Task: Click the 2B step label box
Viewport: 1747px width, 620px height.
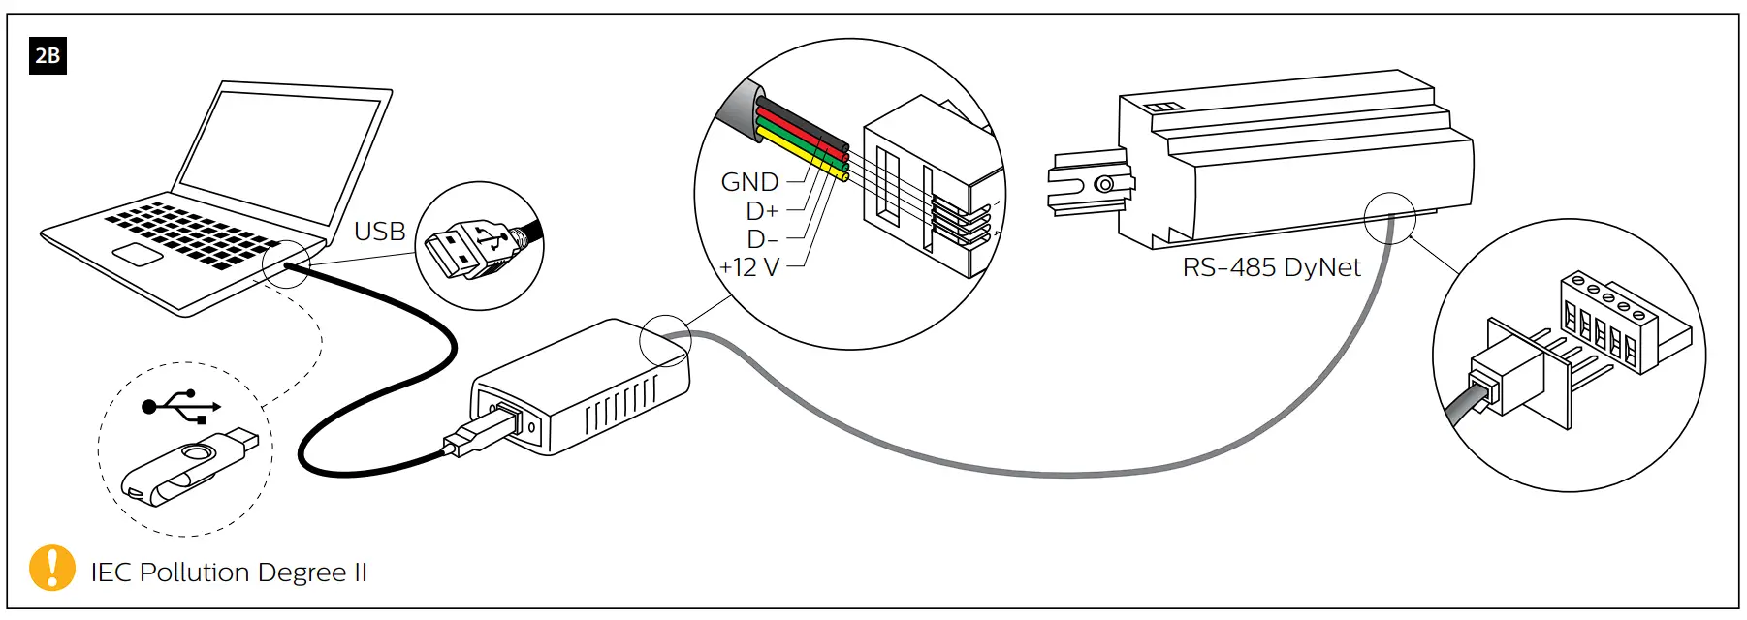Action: coord(48,55)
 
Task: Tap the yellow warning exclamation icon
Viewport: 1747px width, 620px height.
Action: coord(52,568)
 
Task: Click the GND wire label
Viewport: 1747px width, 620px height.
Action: coord(749,182)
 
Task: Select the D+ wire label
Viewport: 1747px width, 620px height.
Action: coord(762,211)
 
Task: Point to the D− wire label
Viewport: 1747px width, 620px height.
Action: coord(762,239)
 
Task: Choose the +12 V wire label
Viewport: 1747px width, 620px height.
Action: coord(749,267)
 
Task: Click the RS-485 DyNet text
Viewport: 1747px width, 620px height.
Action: coord(1271,267)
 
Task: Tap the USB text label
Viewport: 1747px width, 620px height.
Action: coord(379,232)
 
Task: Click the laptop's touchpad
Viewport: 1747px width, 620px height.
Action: coord(138,254)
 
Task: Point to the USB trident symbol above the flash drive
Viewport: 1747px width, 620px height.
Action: coord(181,406)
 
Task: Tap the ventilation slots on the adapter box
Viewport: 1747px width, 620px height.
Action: coord(620,405)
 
